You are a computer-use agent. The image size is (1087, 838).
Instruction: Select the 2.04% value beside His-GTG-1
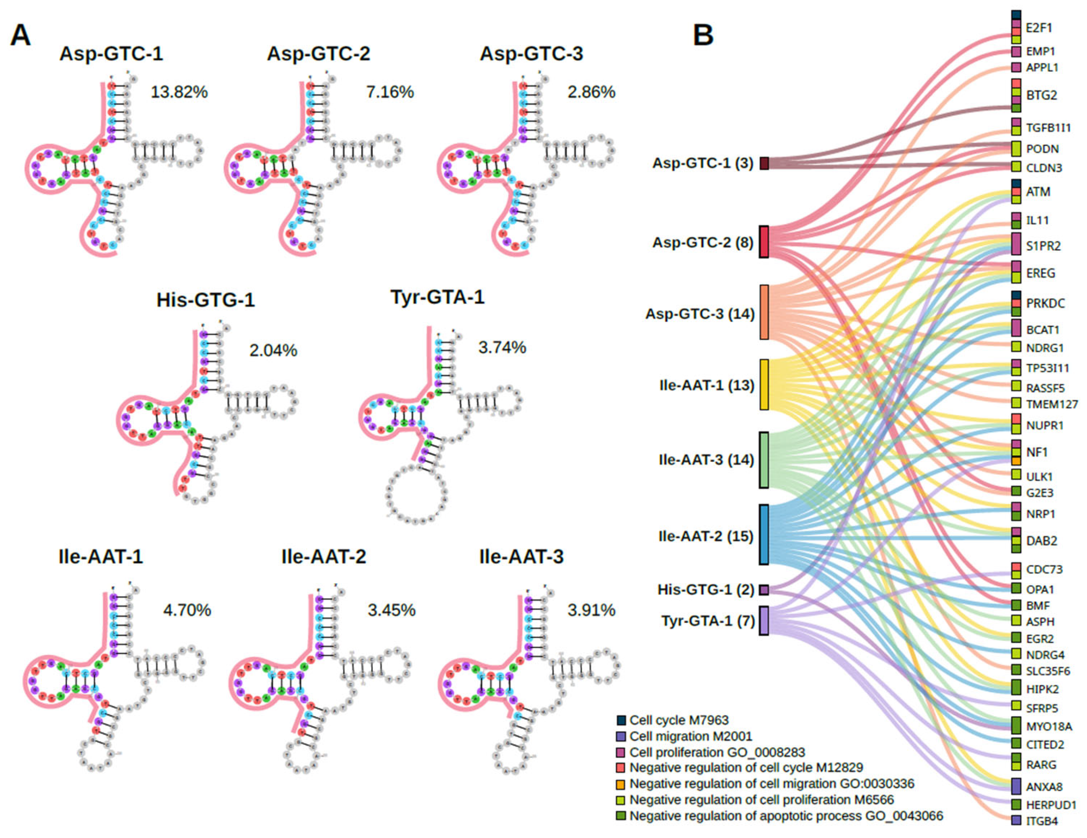(x=273, y=350)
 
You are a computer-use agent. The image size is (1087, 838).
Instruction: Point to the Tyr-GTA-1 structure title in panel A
(x=438, y=297)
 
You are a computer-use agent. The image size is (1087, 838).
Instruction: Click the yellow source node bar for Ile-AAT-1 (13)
(x=764, y=384)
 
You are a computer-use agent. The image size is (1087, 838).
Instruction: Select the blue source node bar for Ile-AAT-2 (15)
(x=764, y=535)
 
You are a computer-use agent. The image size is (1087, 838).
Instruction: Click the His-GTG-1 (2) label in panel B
(x=706, y=590)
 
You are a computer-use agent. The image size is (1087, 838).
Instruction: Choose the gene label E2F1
(x=1039, y=28)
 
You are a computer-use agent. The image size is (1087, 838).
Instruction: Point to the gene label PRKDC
(x=1045, y=303)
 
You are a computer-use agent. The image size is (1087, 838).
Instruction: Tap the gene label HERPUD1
(x=1051, y=805)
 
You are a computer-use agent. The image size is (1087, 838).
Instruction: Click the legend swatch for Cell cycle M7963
(x=621, y=720)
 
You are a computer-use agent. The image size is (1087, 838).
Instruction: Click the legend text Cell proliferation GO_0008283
(x=717, y=752)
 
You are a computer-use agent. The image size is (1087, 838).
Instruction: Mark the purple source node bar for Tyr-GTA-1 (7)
(x=764, y=620)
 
